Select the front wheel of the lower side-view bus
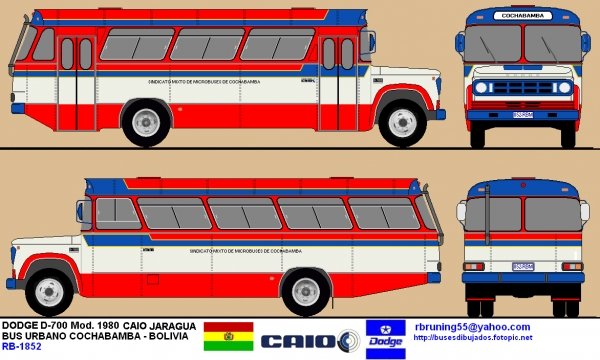44,290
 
